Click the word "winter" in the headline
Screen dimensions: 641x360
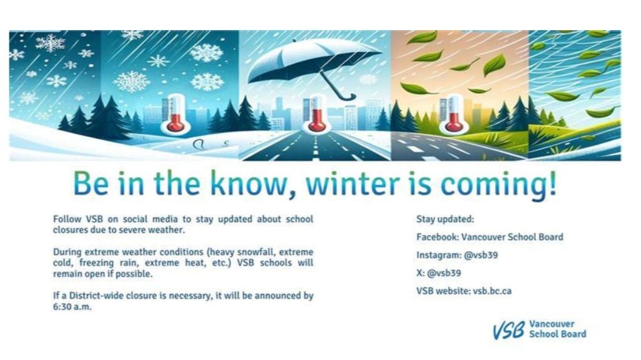click(x=352, y=183)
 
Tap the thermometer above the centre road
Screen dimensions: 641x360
click(x=316, y=113)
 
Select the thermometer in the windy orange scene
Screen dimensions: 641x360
click(x=453, y=114)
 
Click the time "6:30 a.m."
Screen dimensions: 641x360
click(x=72, y=307)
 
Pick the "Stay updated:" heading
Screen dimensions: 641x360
click(x=445, y=219)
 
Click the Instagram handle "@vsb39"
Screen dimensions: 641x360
click(x=481, y=255)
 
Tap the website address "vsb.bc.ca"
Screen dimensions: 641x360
click(x=492, y=291)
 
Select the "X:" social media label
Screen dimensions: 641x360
click(x=420, y=273)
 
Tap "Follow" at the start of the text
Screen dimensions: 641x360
click(x=67, y=219)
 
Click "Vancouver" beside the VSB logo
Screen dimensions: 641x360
click(x=552, y=324)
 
